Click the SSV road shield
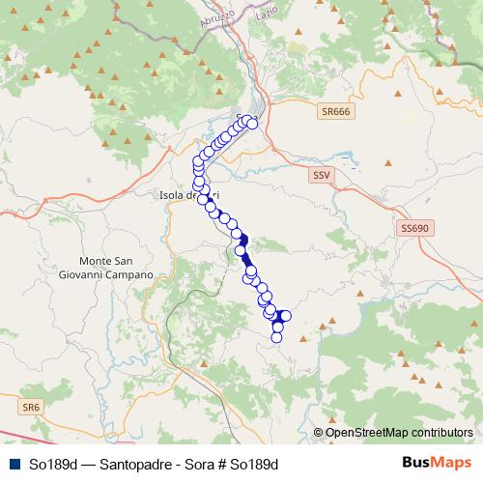coord(321,176)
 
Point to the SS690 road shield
coord(412,227)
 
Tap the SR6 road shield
coord(33,409)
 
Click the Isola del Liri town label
coord(181,195)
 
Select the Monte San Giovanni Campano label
coord(117,268)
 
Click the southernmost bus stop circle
coord(277,336)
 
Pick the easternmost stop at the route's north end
coord(253,123)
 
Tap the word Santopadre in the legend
coord(123,463)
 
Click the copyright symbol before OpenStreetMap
coord(318,432)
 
